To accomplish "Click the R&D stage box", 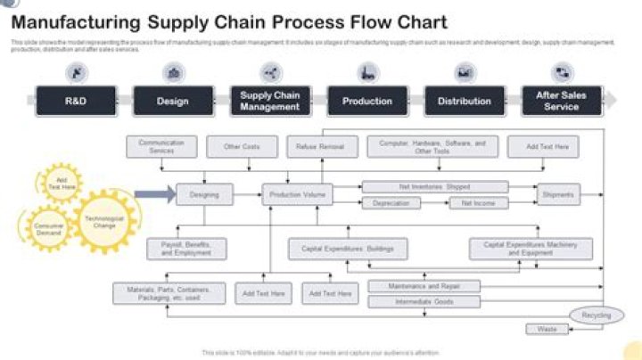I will coord(76,102).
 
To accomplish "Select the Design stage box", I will coord(173,102).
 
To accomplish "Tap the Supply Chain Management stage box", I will coord(269,102).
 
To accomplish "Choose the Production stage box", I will coord(367,102).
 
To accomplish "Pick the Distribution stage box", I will coord(465,102).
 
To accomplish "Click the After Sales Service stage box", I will coord(561,102).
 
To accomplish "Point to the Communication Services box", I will coord(161,146).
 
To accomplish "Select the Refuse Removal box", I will coord(320,146).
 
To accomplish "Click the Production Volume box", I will coord(297,193).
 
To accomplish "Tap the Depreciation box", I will coord(391,203).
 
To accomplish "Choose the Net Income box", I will coord(478,203).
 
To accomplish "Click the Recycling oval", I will coord(596,315).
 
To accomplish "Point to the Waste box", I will coord(547,330).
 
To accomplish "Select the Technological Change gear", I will coord(104,221).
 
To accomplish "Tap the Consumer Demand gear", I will coord(49,229).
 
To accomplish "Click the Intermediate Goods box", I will coord(424,302).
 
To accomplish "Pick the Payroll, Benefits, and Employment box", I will coord(186,249).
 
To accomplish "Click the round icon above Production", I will coord(367,73).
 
